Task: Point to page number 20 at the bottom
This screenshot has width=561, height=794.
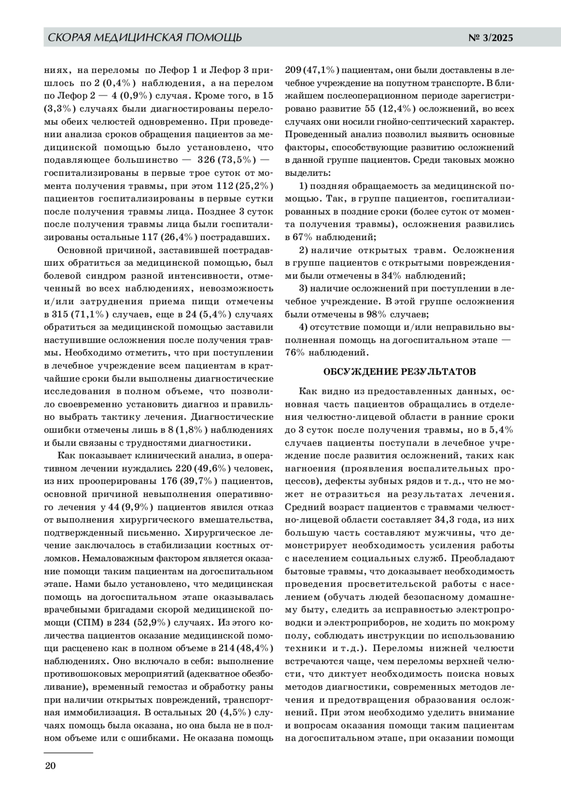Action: click(x=50, y=766)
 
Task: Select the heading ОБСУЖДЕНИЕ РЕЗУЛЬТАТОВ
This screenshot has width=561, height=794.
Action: click(x=400, y=372)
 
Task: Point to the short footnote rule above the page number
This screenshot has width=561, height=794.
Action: click(x=68, y=752)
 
